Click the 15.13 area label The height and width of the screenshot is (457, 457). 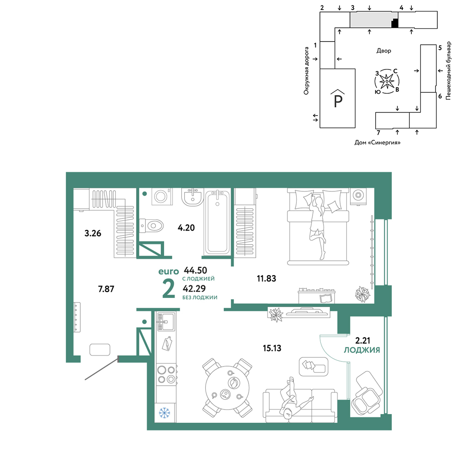point(272,348)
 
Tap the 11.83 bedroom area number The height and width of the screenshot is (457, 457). point(266,278)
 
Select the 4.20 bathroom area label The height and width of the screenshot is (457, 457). point(186,228)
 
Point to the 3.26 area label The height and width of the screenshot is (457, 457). point(93,233)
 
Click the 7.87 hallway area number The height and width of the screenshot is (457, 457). point(106,289)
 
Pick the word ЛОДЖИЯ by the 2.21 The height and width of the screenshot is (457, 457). point(362,350)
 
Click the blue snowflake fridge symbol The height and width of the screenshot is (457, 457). point(165,413)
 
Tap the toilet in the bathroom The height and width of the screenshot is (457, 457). point(151,226)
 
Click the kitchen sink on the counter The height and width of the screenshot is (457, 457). point(166,322)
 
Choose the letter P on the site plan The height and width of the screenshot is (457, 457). point(338,101)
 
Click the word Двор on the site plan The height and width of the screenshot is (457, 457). point(384,51)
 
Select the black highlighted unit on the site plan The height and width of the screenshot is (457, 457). point(394,23)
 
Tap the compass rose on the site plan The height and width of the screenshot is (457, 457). point(387,81)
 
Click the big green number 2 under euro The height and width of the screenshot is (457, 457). point(169,289)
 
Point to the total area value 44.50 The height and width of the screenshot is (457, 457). point(195,270)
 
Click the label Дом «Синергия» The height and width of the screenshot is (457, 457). point(377,143)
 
